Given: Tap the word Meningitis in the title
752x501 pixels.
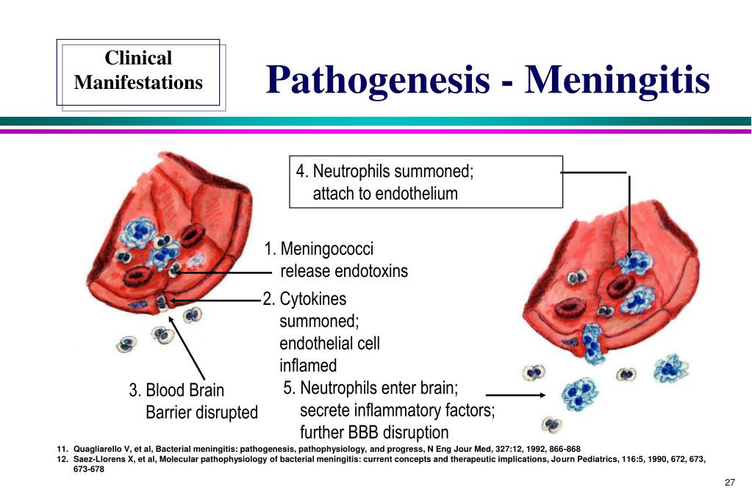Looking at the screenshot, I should pos(617,79).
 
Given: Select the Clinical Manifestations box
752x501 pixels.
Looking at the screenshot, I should pos(138,71).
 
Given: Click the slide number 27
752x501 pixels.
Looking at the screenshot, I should pos(729,483).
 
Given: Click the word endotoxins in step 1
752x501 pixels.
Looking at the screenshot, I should pos(371,271).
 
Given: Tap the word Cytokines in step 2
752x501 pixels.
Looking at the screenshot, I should pos(312,300).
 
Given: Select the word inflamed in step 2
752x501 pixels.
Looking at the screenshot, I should pos(308,365).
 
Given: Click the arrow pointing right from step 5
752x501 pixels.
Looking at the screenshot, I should pos(515,395).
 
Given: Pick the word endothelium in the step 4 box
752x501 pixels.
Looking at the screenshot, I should pos(416,194).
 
